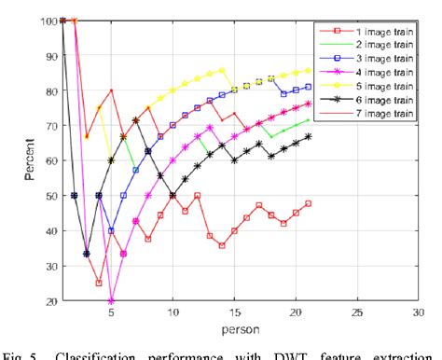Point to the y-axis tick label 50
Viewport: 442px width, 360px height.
click(48, 196)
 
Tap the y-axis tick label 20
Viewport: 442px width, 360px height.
click(48, 301)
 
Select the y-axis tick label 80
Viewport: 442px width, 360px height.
click(48, 90)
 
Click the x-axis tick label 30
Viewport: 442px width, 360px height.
click(419, 312)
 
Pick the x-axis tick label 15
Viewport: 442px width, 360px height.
click(234, 312)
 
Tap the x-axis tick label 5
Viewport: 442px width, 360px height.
click(111, 312)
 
